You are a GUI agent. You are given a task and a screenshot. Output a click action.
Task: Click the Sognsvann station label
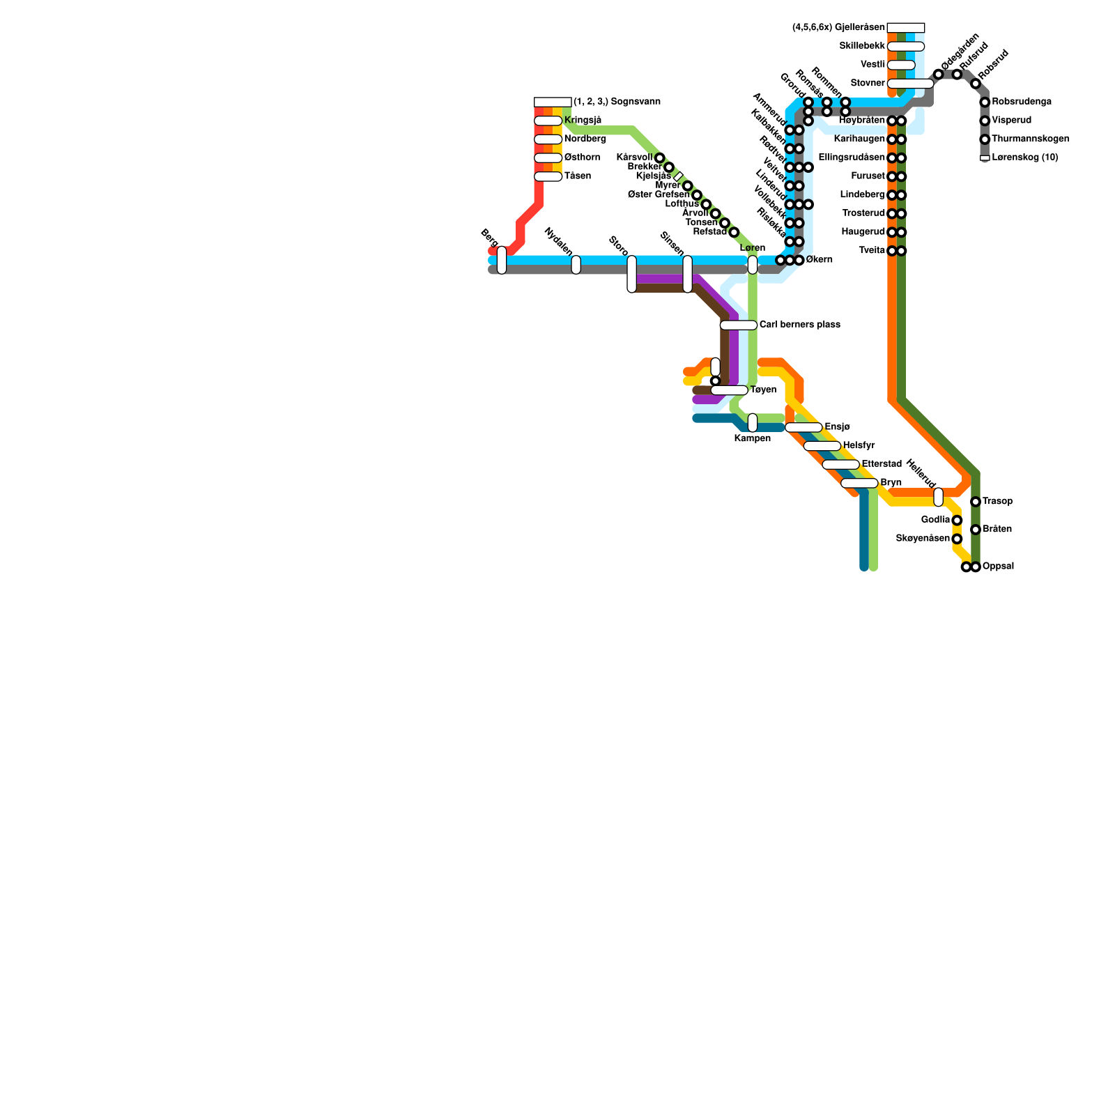tap(617, 102)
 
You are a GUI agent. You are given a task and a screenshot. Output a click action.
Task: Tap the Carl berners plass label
tap(799, 325)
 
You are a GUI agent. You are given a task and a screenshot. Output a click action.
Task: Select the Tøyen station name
tap(763, 390)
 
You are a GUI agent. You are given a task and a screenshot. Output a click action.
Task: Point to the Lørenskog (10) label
tap(1024, 157)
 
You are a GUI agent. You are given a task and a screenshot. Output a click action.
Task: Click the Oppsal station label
tap(998, 567)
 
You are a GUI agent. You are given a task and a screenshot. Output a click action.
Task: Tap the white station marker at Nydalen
tap(576, 265)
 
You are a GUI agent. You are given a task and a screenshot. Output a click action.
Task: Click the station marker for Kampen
tap(753, 422)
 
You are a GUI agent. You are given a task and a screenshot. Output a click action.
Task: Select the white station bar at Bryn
tap(859, 483)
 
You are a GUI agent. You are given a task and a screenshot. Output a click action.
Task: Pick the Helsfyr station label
tap(858, 445)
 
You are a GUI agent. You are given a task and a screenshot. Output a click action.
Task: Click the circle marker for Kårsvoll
tap(660, 158)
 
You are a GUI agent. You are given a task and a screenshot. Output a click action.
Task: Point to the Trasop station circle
tap(976, 502)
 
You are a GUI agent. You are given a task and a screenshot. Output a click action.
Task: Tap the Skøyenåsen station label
tap(922, 539)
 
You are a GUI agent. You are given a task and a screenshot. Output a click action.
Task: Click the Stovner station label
tap(867, 84)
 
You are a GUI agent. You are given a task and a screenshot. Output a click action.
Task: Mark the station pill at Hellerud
tap(938, 497)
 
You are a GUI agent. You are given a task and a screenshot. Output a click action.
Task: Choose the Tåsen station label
tap(577, 176)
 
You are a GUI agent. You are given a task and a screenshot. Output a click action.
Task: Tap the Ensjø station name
tap(837, 426)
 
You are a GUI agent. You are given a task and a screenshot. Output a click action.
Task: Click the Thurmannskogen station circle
tap(985, 139)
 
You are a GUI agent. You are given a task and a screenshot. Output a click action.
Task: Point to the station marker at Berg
tap(502, 260)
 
